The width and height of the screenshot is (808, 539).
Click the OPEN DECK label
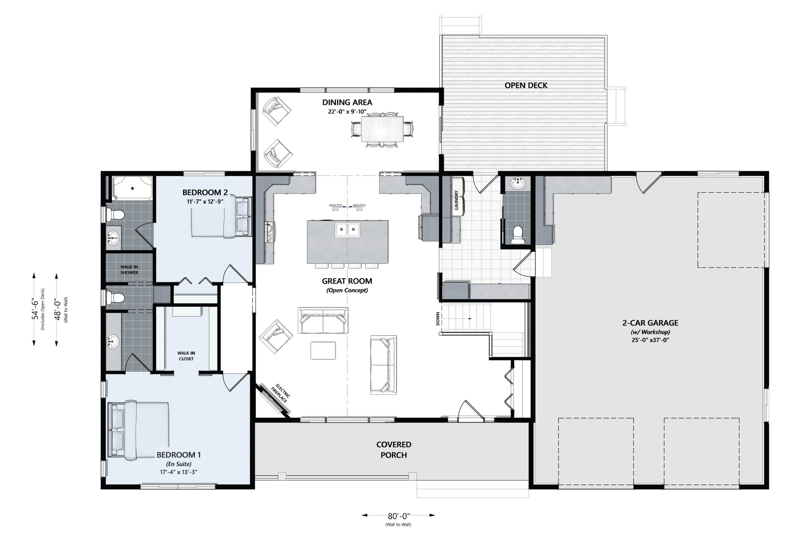click(x=526, y=85)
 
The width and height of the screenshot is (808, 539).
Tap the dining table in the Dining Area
click(x=382, y=129)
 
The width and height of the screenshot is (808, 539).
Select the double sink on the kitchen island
click(x=348, y=230)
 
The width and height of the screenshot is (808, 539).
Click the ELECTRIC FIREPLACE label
click(x=281, y=393)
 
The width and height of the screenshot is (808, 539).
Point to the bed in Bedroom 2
click(x=222, y=217)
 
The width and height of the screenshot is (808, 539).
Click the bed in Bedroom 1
click(x=139, y=430)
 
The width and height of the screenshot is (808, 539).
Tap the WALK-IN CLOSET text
click(x=186, y=356)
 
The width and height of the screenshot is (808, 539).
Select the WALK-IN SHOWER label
click(x=129, y=270)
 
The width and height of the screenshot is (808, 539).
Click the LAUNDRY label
click(x=456, y=200)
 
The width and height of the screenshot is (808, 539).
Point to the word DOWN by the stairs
click(x=438, y=319)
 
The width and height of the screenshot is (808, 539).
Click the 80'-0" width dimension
click(x=399, y=516)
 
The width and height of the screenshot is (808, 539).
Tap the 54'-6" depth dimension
click(x=35, y=309)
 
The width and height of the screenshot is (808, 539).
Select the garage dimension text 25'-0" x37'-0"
click(x=650, y=340)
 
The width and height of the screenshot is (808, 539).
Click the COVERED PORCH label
click(x=394, y=450)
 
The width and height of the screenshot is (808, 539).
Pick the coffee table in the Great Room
click(x=323, y=350)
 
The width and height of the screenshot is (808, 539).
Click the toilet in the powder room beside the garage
click(x=517, y=235)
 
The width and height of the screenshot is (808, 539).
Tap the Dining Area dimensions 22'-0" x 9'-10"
click(x=347, y=112)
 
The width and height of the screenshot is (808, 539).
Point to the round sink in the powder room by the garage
click(x=517, y=183)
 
